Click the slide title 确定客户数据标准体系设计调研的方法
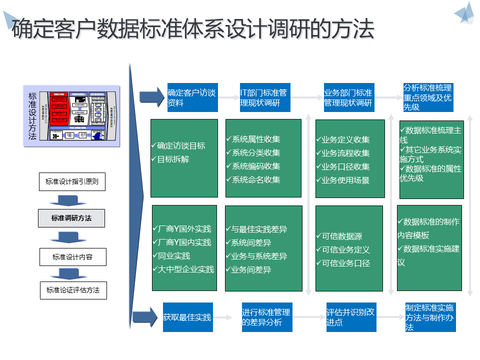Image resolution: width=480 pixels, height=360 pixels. coord(193,29)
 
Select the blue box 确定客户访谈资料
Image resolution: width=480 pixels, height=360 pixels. coord(191,97)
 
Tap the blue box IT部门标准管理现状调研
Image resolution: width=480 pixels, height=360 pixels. coord(264,98)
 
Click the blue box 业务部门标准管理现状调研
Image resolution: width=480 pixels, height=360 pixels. coord(348,98)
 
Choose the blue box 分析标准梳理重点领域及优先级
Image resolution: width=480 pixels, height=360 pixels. coord(428,97)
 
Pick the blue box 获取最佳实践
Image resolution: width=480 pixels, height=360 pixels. coord(187,317)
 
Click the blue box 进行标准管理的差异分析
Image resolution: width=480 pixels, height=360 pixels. coord(266,317)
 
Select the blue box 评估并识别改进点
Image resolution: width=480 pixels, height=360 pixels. coord(350,317)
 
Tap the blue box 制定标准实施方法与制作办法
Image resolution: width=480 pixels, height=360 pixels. coord(429,317)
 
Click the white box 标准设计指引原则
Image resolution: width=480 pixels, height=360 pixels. coord(72,182)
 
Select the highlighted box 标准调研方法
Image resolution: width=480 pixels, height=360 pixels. coord(71,218)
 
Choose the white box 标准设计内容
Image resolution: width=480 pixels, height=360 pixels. coord(72,257)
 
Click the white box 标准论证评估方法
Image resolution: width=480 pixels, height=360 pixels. coord(73,290)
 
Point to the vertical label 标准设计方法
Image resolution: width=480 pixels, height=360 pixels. coord(32,116)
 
